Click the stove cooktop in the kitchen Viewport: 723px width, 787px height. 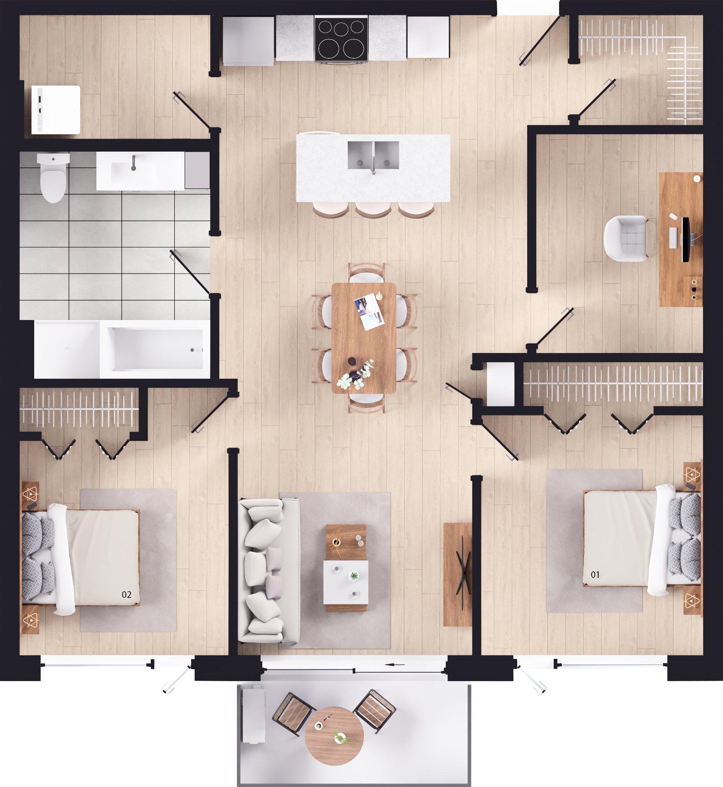pyautogui.click(x=341, y=39)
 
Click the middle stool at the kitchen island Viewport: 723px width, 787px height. pyautogui.click(x=373, y=210)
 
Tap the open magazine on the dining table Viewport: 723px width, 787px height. pyautogui.click(x=369, y=311)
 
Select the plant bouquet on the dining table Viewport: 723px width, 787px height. pyautogui.click(x=356, y=375)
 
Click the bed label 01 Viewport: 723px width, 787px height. pyautogui.click(x=595, y=574)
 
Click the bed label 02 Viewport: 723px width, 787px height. pyautogui.click(x=126, y=594)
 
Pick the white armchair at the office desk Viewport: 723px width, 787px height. pyautogui.click(x=625, y=238)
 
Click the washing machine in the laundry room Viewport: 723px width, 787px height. pyautogui.click(x=56, y=110)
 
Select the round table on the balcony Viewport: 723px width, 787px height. pyautogui.click(x=334, y=736)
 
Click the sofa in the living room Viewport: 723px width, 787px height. pyautogui.click(x=269, y=571)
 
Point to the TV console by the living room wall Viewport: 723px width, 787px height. pyautogui.click(x=457, y=574)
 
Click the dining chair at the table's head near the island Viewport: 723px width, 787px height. pyautogui.click(x=367, y=272)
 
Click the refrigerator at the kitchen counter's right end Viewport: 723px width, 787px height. pyautogui.click(x=428, y=37)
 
